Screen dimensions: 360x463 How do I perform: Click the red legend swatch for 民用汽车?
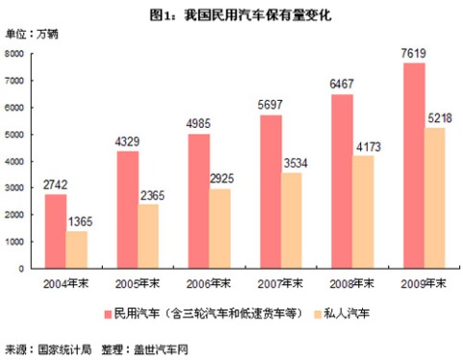pyautogui.click(x=108, y=313)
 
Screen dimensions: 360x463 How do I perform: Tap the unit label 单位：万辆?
pyautogui.click(x=33, y=35)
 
